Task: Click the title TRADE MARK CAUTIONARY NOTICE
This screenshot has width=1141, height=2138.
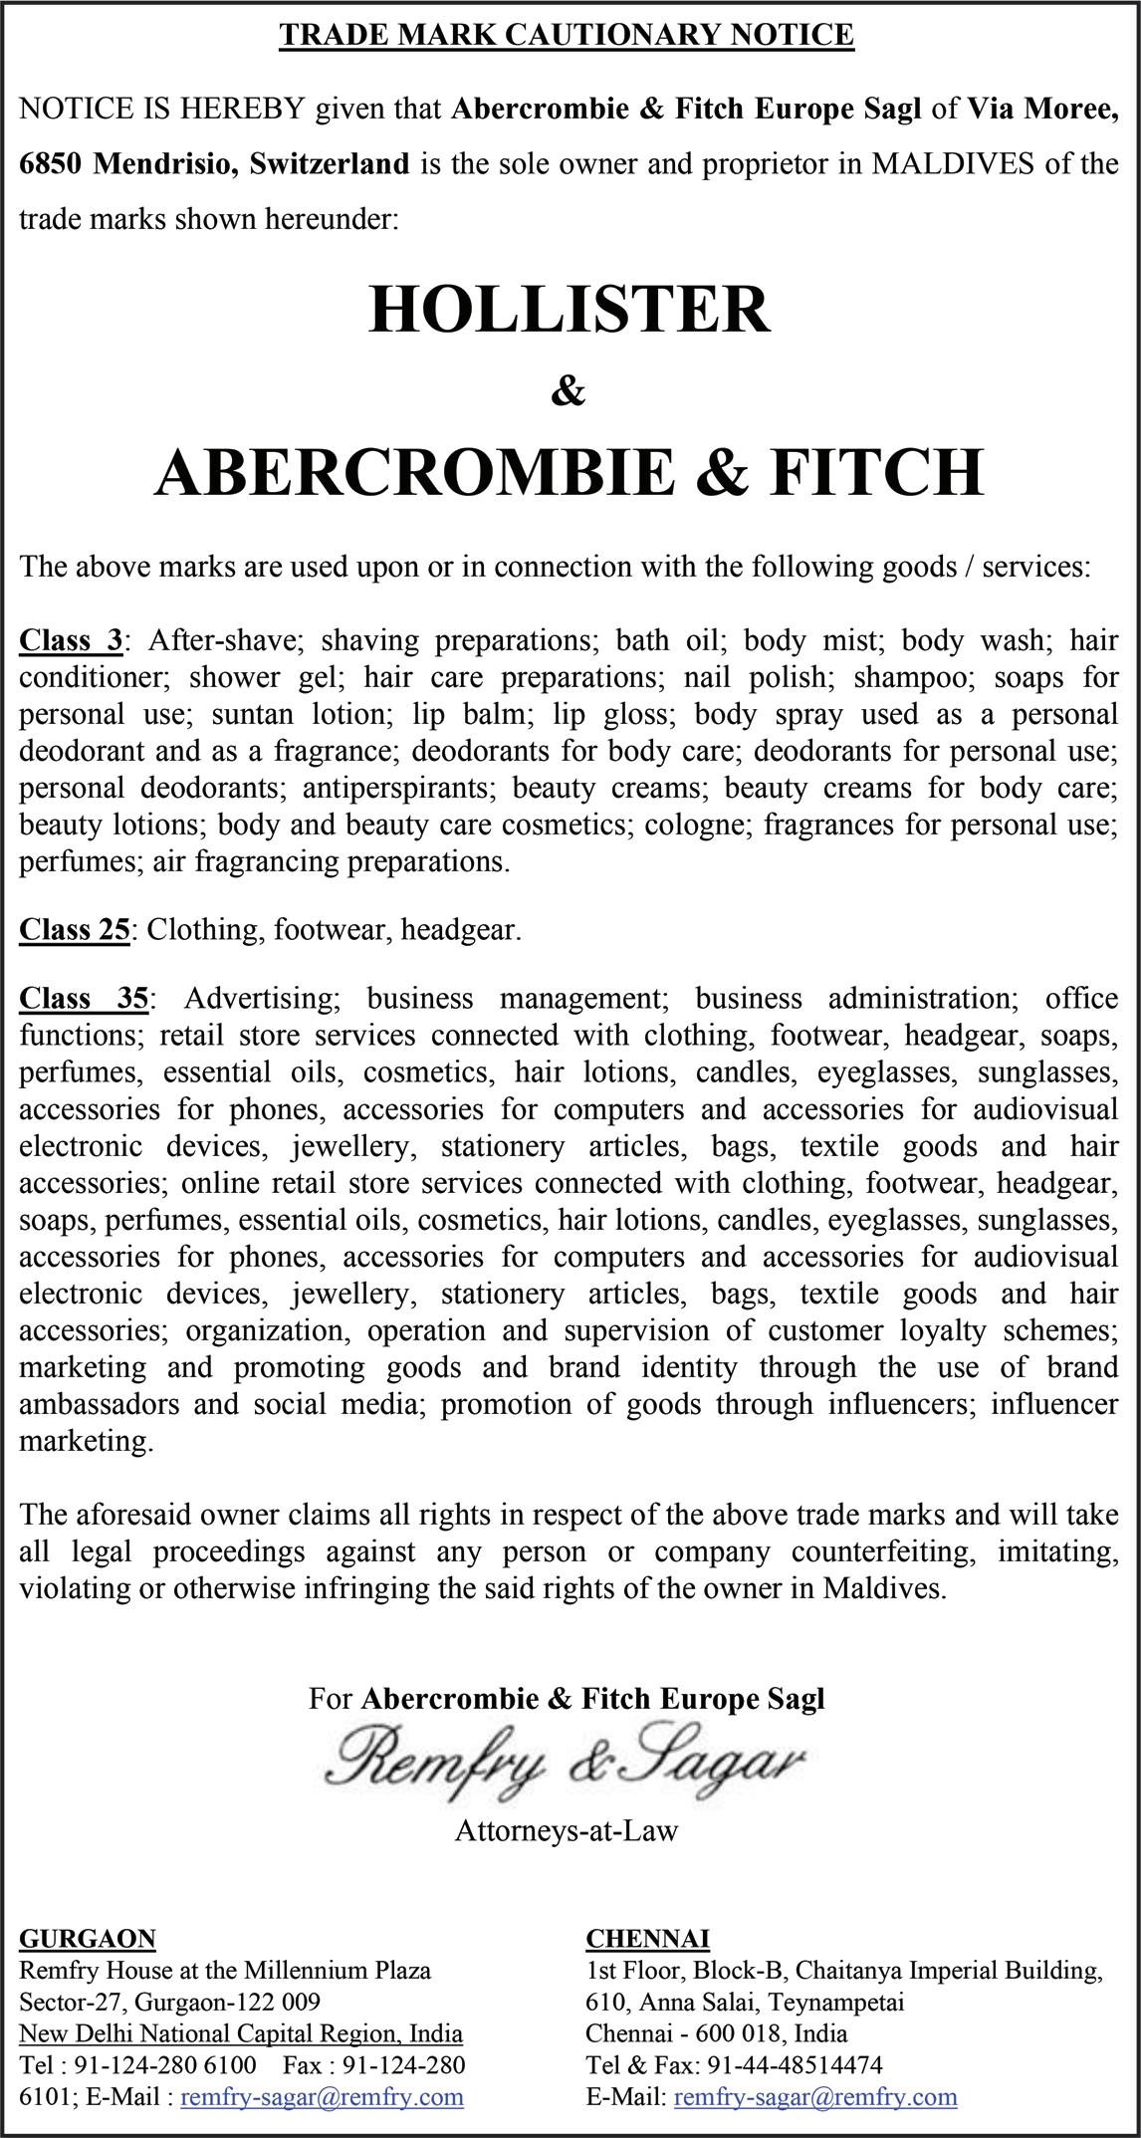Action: click(567, 35)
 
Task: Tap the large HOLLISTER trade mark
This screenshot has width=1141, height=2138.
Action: click(570, 309)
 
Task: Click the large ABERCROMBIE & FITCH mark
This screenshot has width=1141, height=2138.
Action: click(570, 471)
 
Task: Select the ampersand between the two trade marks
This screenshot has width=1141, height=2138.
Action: click(568, 392)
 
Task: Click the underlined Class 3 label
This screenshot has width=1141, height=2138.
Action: click(71, 640)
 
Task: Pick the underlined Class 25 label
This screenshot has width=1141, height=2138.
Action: click(75, 929)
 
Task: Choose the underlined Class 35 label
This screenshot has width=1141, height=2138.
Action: click(85, 998)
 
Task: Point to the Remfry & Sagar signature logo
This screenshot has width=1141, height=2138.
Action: click(568, 1761)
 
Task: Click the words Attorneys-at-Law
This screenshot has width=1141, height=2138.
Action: click(567, 1830)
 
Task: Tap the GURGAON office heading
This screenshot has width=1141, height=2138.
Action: click(88, 1938)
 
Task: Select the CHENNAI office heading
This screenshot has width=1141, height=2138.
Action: click(647, 1938)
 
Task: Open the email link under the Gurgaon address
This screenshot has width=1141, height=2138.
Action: click(322, 2096)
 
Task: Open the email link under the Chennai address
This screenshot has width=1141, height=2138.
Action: click(815, 2096)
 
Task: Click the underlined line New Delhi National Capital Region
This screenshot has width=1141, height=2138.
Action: click(241, 2033)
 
